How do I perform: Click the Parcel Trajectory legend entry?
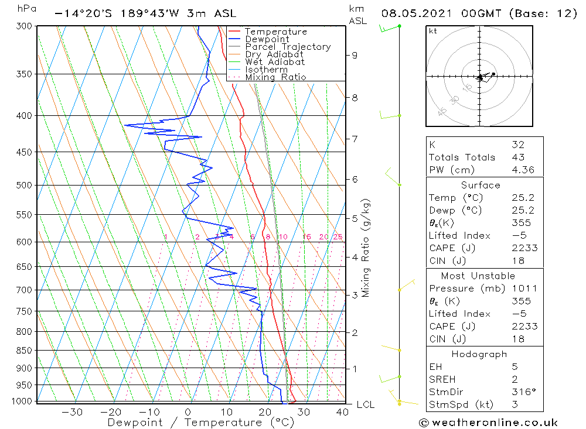(288, 47)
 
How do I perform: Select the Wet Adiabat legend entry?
(275, 62)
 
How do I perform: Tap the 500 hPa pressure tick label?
(24, 186)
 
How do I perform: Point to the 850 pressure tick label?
(24, 351)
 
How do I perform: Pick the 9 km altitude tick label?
(355, 55)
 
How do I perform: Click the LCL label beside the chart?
(365, 405)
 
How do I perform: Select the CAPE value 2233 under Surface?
(524, 248)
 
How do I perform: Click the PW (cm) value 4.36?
(523, 170)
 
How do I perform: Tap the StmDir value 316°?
(523, 392)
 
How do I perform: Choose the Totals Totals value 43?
(518, 157)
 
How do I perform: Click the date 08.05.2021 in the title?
(414, 13)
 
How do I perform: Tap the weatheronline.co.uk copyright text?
(488, 423)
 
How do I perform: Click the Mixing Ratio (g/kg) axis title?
(367, 248)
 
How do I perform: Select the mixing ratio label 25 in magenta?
(338, 237)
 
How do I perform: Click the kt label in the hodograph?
(432, 31)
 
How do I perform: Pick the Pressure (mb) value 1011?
(524, 289)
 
